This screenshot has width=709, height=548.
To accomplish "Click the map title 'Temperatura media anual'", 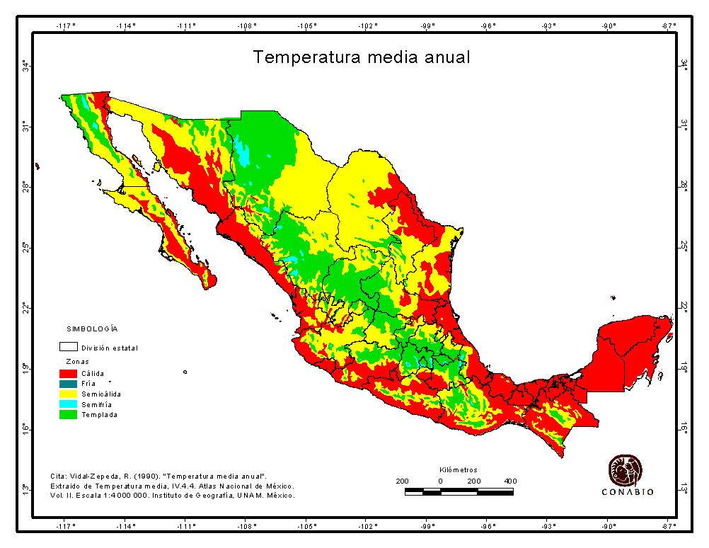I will coord(361,57).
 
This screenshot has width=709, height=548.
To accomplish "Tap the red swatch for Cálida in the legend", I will coord(68,373).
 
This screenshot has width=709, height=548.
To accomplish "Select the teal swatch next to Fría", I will coord(68,383).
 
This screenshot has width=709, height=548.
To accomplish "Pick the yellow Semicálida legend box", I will coord(68,394).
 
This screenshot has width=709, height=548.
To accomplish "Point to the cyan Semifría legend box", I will coord(68,404).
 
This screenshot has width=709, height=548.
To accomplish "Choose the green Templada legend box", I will coord(68,414).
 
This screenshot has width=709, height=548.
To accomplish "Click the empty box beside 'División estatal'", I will coord(68,348).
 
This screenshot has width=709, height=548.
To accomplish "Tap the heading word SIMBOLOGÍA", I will coord(92,329).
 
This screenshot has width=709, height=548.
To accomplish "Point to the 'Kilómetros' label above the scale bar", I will coord(458,470).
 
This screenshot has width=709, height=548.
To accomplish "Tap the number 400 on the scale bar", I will coord(509,481).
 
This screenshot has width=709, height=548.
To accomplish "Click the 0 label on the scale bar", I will coord(440,481).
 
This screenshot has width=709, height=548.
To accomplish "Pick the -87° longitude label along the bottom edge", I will coord(669,526).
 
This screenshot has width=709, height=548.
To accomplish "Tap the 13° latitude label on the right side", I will coord(684,489).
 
